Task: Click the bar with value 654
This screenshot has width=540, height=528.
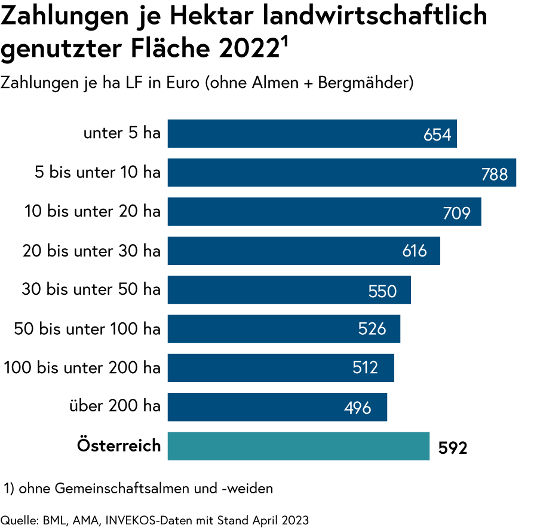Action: click(x=299, y=133)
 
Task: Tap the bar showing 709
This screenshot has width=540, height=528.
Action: click(x=311, y=212)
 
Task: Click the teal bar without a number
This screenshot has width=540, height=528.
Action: click(x=299, y=446)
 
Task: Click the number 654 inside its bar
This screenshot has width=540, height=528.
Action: click(x=437, y=135)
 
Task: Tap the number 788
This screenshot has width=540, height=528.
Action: click(x=495, y=175)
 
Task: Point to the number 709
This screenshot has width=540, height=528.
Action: click(x=457, y=213)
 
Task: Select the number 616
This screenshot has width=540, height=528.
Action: click(x=415, y=251)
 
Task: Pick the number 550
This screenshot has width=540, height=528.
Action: click(x=382, y=291)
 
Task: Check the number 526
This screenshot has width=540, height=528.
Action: click(x=372, y=329)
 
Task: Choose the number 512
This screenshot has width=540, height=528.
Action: click(x=365, y=368)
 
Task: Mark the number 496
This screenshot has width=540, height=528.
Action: click(x=358, y=408)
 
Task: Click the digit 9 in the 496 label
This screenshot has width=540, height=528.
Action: click(x=358, y=408)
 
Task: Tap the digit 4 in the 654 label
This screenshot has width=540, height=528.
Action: click(x=446, y=135)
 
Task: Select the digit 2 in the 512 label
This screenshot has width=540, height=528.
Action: click(x=373, y=368)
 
